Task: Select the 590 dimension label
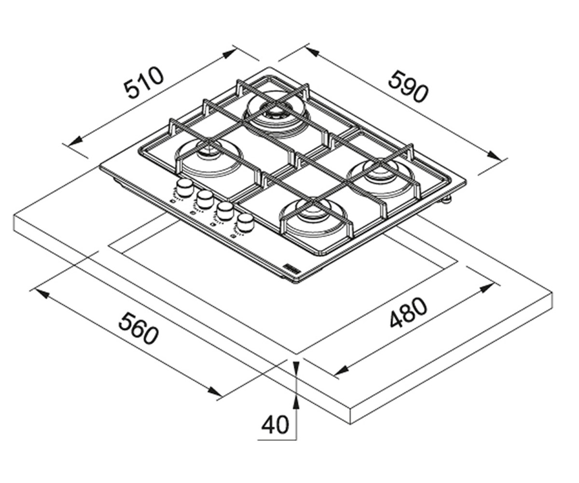pos(409,86)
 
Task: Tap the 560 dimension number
pos(138,329)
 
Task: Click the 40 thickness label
pos(275,425)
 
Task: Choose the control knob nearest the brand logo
pos(246,222)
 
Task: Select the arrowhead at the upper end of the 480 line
pos(486,287)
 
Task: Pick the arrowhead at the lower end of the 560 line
pos(214,391)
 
